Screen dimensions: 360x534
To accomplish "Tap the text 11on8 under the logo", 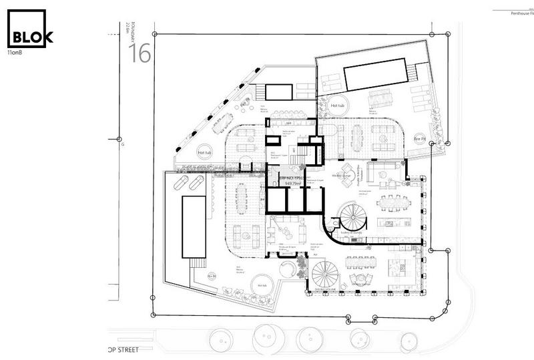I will [x=16, y=53].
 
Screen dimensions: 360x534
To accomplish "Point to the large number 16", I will [x=140, y=54].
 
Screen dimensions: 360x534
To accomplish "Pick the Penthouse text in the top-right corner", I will [x=517, y=13].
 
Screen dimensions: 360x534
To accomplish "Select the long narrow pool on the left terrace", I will [x=194, y=227].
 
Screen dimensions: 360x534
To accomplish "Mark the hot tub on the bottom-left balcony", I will [x=261, y=287].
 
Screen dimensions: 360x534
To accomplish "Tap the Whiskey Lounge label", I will [x=342, y=176].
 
